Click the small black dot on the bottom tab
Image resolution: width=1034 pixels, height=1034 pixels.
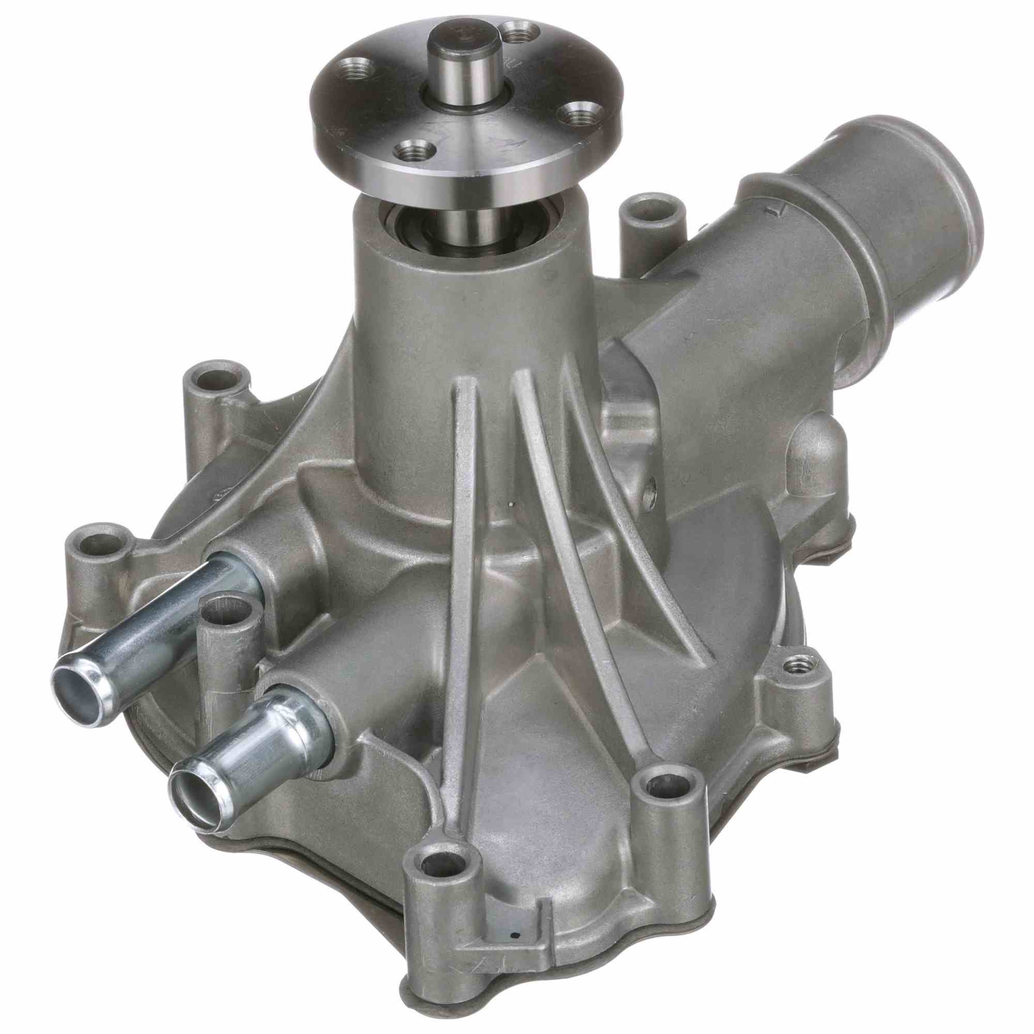click(x=514, y=967)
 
